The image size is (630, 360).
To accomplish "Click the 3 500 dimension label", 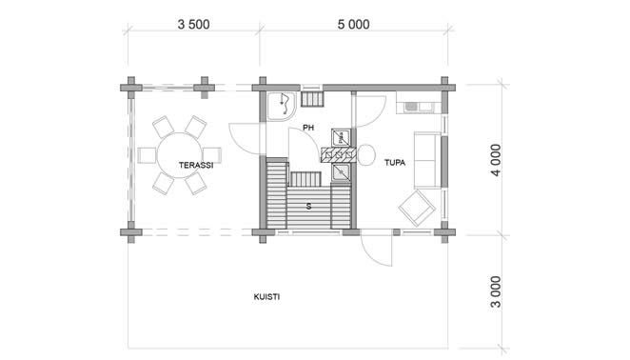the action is [193, 25].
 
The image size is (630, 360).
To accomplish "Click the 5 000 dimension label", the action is [354, 25].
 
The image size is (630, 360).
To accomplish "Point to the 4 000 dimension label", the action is [496, 160].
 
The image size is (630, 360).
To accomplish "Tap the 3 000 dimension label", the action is [496, 291].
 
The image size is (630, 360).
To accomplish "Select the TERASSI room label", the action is [196, 165].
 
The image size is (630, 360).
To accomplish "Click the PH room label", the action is [308, 128].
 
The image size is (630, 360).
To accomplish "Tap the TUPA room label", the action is [395, 163].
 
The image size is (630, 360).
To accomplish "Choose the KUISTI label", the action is [266, 297].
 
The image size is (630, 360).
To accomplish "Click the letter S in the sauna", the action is [308, 207].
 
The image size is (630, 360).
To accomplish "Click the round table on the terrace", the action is [179, 155].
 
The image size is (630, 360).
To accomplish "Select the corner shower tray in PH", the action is [282, 107].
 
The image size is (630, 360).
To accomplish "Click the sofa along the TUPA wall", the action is [428, 160].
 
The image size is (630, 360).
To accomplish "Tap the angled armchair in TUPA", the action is [417, 209].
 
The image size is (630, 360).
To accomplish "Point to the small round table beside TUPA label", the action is [366, 155].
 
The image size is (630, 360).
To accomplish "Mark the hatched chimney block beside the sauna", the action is [338, 155].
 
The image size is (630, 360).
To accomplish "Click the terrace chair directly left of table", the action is [147, 155].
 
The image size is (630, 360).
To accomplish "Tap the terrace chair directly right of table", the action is [211, 155].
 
